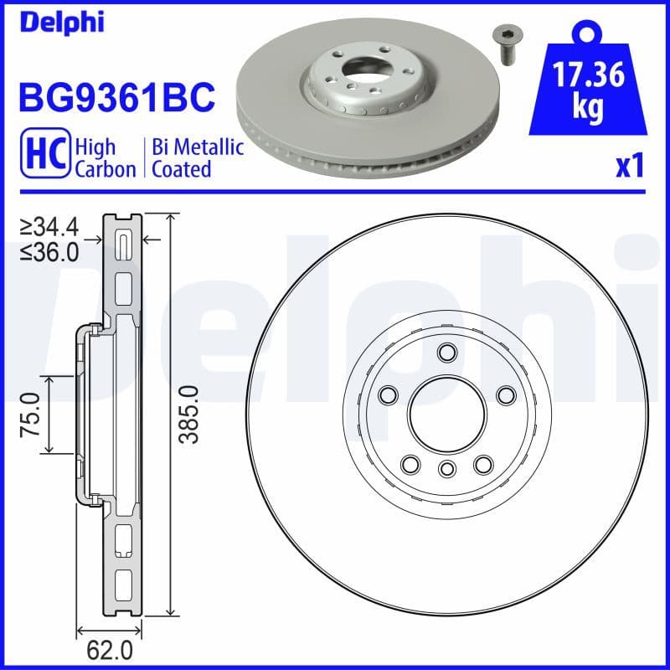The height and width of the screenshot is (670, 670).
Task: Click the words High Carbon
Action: (105, 157)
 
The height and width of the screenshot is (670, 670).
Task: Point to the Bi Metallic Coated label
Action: (198, 157)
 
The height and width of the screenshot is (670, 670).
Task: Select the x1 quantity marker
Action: (629, 167)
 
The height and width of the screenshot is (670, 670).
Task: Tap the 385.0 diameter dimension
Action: (190, 414)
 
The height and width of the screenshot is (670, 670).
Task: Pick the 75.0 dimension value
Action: (31, 415)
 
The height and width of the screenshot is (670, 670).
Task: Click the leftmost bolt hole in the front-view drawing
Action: (388, 394)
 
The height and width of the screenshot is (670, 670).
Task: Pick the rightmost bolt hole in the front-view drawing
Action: (505, 394)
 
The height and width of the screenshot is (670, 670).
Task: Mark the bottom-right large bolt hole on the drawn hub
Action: (482, 463)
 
